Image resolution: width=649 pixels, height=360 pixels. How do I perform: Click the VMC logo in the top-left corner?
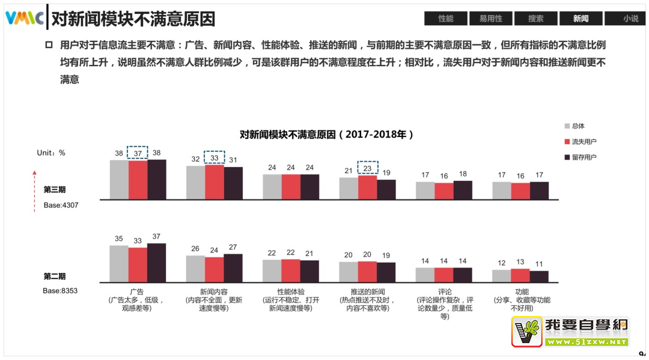[24, 18]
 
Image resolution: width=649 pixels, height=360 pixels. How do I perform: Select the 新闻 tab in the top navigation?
[580, 19]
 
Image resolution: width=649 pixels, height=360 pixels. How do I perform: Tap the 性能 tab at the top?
[445, 19]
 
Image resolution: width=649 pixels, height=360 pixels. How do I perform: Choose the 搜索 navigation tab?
[535, 19]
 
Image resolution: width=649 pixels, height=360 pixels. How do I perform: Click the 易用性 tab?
[490, 19]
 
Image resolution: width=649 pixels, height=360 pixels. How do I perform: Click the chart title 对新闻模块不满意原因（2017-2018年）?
[326, 134]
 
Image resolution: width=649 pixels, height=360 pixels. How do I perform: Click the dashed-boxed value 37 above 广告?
[138, 153]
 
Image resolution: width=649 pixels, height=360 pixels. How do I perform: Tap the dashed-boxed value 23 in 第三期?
[367, 168]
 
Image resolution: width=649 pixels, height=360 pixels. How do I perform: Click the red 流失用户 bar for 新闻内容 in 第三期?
[215, 182]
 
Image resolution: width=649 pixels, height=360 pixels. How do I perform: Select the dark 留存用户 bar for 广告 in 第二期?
[156, 263]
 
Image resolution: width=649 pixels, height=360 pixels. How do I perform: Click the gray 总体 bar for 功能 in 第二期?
[501, 276]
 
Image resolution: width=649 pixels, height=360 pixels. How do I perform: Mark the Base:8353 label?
[60, 291]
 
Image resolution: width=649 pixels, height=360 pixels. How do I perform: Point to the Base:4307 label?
[60, 205]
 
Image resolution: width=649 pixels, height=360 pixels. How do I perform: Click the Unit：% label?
[51, 153]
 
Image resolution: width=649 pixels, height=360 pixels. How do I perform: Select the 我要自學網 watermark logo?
[570, 332]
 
